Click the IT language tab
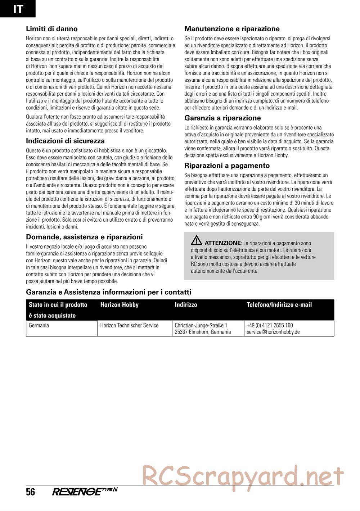[x=18, y=9]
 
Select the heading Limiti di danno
[x=52, y=29]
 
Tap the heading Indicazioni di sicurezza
[x=65, y=141]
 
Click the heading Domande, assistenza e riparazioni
[x=84, y=237]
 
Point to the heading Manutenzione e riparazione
[x=232, y=29]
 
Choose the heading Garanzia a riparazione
[x=222, y=118]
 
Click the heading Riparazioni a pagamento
[x=227, y=166]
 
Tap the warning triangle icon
[x=197, y=241]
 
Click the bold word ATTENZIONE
[x=222, y=243]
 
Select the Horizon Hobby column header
[x=119, y=305]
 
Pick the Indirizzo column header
[x=186, y=305]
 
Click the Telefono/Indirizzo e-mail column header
[x=279, y=305]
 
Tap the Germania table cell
[x=39, y=325]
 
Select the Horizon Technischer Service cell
[x=129, y=325]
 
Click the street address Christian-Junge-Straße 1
[x=201, y=325]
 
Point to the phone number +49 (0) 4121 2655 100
[x=270, y=325]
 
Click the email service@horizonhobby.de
[x=273, y=332]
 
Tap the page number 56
[x=31, y=492]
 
